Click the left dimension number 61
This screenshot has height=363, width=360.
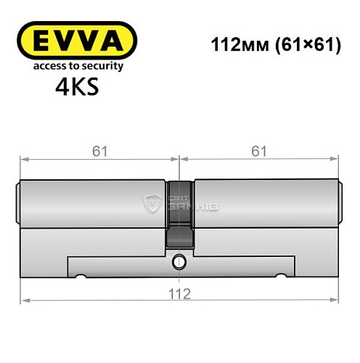pos(99,151)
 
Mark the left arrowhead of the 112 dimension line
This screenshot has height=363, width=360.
pos(24,300)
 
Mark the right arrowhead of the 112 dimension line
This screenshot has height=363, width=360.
pos(335,300)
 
